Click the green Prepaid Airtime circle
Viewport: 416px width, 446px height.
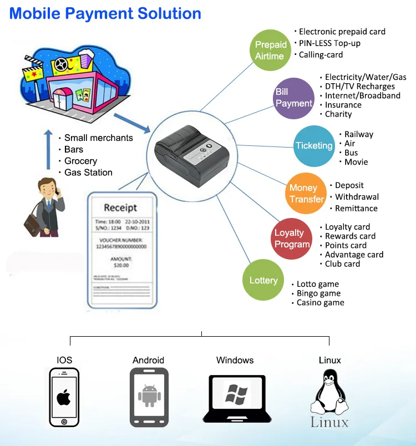(270, 50)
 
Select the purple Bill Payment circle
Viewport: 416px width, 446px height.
(295, 98)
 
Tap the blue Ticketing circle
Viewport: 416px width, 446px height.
(314, 146)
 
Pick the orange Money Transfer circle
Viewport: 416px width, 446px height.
(307, 194)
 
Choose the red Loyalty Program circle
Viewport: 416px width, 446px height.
(292, 239)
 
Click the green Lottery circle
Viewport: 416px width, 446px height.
(263, 280)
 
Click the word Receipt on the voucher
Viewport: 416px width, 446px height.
(120, 207)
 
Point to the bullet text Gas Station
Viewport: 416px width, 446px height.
(88, 173)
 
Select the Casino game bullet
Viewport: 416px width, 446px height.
(320, 303)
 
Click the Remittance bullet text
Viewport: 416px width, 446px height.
(356, 209)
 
